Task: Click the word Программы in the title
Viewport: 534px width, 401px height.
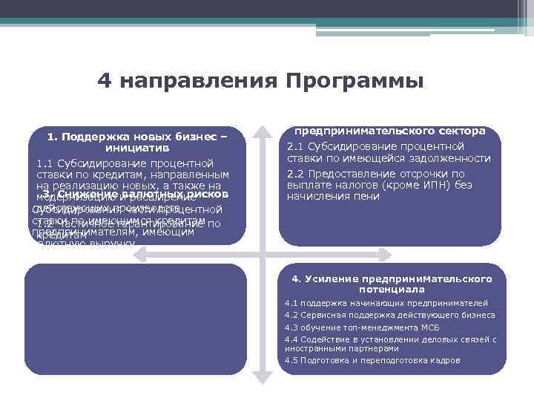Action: tap(355, 80)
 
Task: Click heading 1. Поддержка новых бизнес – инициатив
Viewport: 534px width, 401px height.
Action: tap(138, 142)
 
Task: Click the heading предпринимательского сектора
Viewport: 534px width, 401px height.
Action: tap(390, 131)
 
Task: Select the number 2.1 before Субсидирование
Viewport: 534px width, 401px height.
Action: tap(295, 146)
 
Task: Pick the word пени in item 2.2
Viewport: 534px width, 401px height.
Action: tap(367, 197)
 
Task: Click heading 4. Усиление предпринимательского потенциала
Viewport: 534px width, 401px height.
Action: tap(392, 284)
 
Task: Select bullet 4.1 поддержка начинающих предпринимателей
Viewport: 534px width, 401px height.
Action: tap(386, 304)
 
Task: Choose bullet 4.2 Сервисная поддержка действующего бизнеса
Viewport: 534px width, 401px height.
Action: tap(390, 315)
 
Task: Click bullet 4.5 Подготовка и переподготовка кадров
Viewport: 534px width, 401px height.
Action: tap(372, 360)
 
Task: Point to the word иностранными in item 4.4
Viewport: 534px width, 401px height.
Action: tap(311, 348)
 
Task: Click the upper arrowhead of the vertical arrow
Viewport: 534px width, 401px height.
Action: tap(263, 131)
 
